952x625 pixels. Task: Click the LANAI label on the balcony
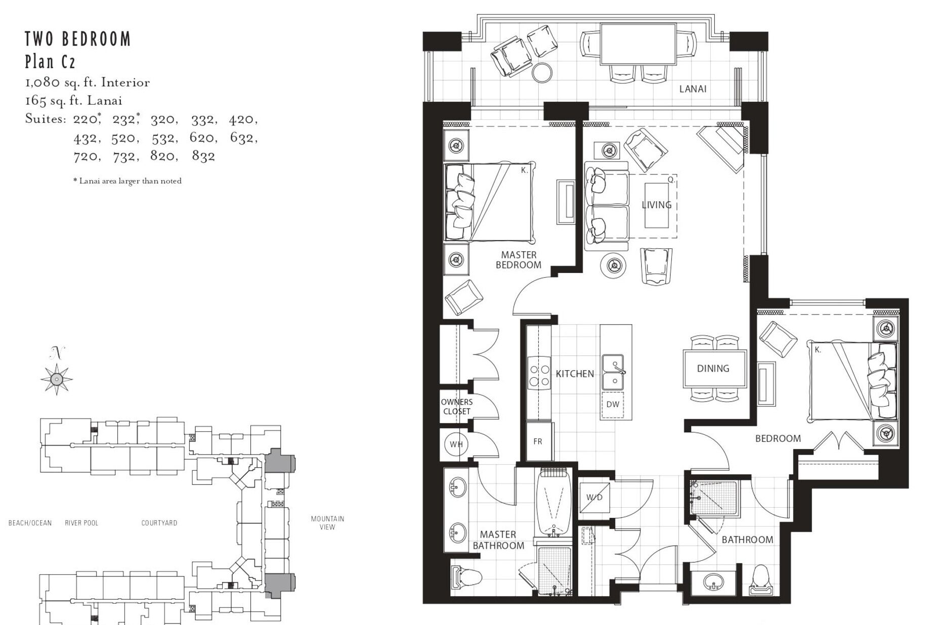click(693, 89)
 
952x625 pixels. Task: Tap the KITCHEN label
click(575, 374)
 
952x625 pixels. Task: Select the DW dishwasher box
click(613, 404)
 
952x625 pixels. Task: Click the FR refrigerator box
click(538, 441)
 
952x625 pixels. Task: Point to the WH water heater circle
click(456, 444)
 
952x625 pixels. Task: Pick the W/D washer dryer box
click(594, 497)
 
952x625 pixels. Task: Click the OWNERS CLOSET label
click(457, 407)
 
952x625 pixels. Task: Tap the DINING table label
click(713, 369)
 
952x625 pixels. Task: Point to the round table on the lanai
click(543, 72)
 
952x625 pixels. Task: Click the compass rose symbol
click(57, 378)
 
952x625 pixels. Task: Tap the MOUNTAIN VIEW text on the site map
click(327, 523)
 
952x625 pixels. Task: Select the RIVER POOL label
click(81, 523)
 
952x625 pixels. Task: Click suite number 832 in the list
click(203, 156)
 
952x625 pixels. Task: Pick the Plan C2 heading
click(51, 62)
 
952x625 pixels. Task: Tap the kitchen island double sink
click(613, 372)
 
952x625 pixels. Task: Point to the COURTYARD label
click(159, 523)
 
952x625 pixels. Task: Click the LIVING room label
click(657, 205)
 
